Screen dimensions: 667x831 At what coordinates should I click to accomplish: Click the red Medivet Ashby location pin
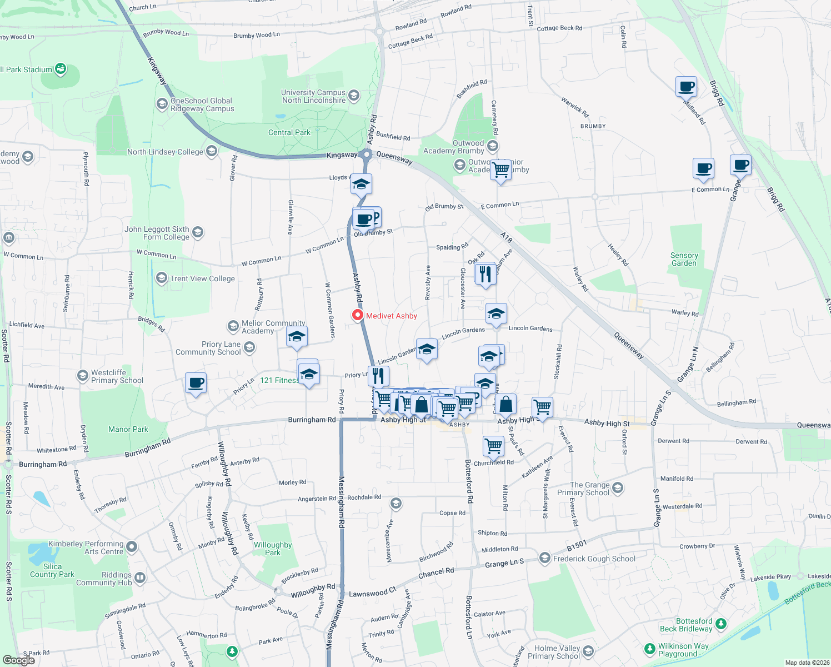[358, 315]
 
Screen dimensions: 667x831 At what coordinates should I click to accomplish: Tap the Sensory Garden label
[684, 260]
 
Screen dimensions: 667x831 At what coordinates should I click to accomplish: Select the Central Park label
[289, 133]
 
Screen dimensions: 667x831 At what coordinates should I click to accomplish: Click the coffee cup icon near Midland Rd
[687, 86]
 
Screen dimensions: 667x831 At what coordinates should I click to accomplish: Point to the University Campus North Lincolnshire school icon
[354, 96]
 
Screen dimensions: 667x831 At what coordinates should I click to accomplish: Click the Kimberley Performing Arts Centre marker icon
[131, 547]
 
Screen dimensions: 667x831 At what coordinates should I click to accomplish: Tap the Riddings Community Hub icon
[139, 578]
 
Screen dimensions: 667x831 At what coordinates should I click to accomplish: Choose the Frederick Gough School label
[594, 559]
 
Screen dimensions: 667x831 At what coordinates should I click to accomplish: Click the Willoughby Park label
[273, 549]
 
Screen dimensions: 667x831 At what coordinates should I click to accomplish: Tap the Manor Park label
[128, 430]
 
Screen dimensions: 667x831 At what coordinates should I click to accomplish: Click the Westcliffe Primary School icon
[83, 376]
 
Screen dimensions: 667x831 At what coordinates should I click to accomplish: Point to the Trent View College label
[202, 279]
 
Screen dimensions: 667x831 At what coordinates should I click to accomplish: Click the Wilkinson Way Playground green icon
[649, 649]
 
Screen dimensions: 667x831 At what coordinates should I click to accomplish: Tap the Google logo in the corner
[18, 660]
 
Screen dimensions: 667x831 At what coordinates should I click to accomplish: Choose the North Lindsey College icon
[211, 151]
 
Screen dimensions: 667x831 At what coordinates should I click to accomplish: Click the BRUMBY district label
[593, 126]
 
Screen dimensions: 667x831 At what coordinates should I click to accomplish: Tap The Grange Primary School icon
[618, 488]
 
